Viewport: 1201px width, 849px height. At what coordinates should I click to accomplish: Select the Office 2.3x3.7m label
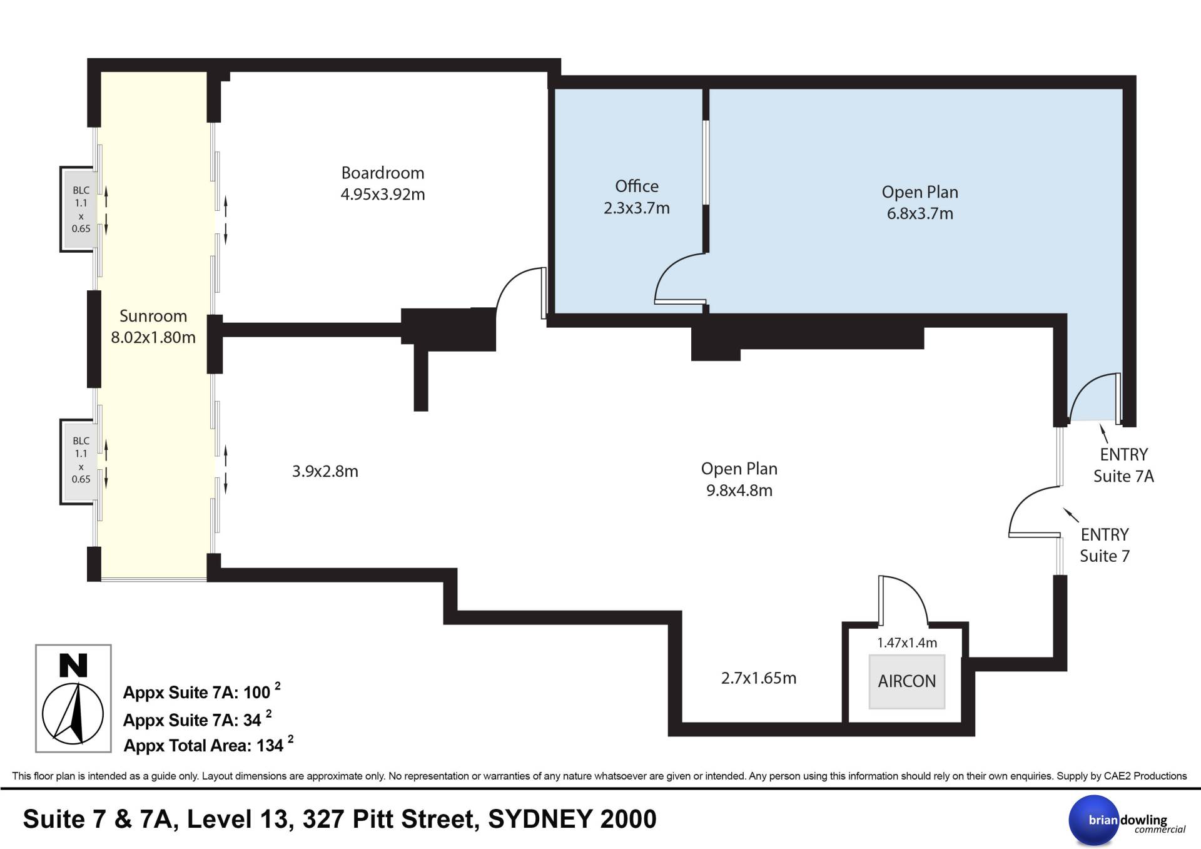[637, 197]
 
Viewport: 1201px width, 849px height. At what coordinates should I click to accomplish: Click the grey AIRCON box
[906, 681]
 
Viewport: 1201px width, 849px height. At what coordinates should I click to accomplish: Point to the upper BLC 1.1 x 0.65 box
[81, 210]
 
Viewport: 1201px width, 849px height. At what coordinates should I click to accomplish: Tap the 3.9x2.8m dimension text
[325, 471]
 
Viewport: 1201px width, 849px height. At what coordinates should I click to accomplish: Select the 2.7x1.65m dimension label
[759, 678]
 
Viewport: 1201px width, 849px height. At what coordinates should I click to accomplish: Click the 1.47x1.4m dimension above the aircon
[907, 643]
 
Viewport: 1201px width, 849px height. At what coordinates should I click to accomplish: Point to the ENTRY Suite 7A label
[1123, 465]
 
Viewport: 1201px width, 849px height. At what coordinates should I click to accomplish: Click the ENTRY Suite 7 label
[1105, 545]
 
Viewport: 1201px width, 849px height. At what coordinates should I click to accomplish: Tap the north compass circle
[73, 714]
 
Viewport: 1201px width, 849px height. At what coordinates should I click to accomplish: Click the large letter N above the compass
[73, 666]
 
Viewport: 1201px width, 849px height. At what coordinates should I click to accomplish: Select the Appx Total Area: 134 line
[208, 745]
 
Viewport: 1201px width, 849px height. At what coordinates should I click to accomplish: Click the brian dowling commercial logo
[1126, 820]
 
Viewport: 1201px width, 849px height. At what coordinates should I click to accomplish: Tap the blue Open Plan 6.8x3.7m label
[920, 203]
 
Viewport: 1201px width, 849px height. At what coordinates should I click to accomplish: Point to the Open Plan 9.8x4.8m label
[739, 479]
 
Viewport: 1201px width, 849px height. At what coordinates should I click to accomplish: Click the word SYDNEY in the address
[541, 819]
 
